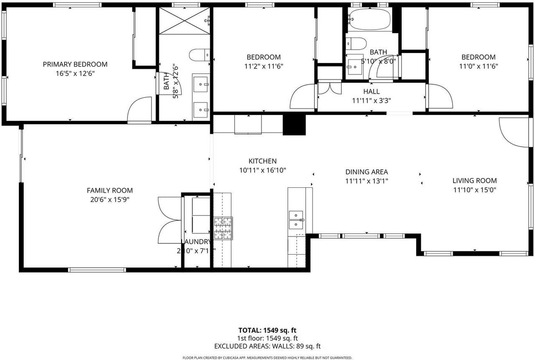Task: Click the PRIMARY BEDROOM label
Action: click(x=75, y=64)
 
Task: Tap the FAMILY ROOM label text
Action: click(x=110, y=191)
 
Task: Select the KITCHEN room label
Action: click(x=262, y=161)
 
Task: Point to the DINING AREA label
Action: click(x=367, y=172)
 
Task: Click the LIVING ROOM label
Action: click(x=474, y=181)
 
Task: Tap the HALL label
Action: click(x=372, y=92)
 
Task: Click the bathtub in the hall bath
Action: click(x=370, y=19)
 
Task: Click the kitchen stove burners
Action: click(x=223, y=228)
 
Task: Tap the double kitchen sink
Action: click(x=296, y=220)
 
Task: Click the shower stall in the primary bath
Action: click(x=184, y=21)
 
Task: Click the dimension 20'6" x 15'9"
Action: click(x=110, y=199)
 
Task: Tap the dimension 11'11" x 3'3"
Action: click(x=372, y=100)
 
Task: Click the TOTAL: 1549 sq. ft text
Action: click(x=267, y=330)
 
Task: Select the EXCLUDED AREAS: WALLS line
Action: click(x=267, y=346)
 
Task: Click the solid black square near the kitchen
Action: click(x=294, y=124)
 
